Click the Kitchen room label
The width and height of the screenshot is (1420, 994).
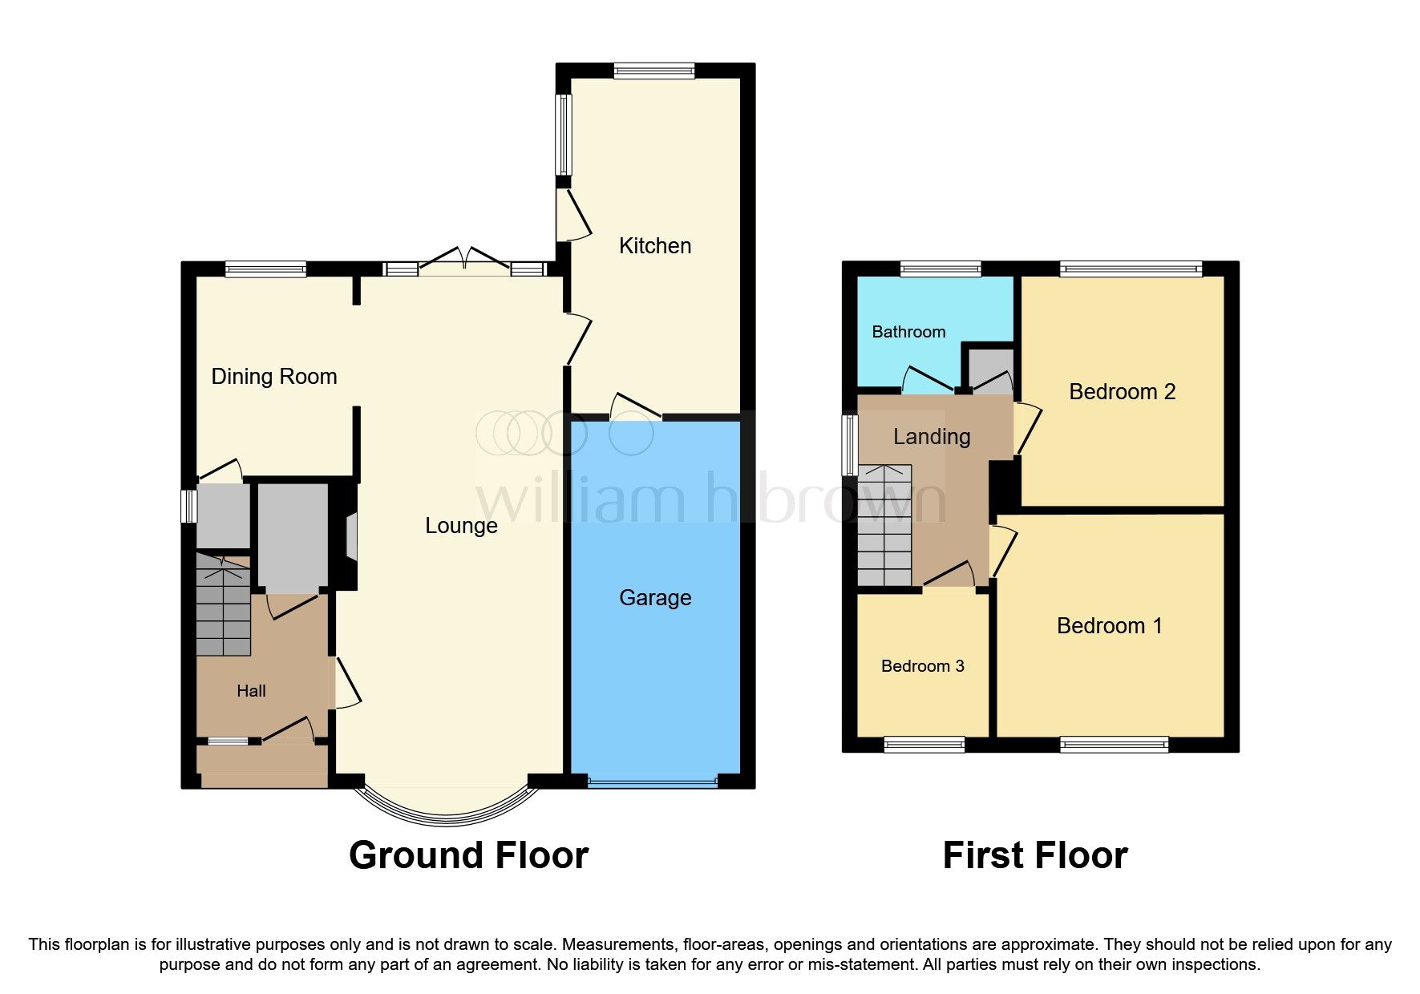[x=655, y=245]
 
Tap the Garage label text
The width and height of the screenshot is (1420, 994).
[x=655, y=598]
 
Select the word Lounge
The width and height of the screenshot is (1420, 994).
[x=461, y=526]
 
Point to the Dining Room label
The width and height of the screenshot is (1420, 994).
[x=274, y=377]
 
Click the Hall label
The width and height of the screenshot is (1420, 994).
[x=252, y=691]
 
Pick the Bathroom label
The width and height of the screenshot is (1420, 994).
[x=908, y=332]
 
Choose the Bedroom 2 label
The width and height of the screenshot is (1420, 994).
[x=1123, y=392]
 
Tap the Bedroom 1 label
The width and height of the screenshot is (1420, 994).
[x=1110, y=626]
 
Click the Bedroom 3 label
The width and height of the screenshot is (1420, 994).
[x=923, y=666]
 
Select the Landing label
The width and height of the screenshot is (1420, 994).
[x=932, y=437]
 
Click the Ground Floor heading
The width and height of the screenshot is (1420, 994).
[x=469, y=855]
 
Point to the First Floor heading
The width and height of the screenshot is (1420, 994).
[x=1035, y=855]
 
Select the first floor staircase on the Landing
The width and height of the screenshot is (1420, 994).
[x=885, y=525]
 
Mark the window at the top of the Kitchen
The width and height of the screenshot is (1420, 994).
[x=654, y=71]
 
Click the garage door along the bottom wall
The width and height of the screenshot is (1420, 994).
[x=653, y=781]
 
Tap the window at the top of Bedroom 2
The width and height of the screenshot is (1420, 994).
[x=1131, y=269]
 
